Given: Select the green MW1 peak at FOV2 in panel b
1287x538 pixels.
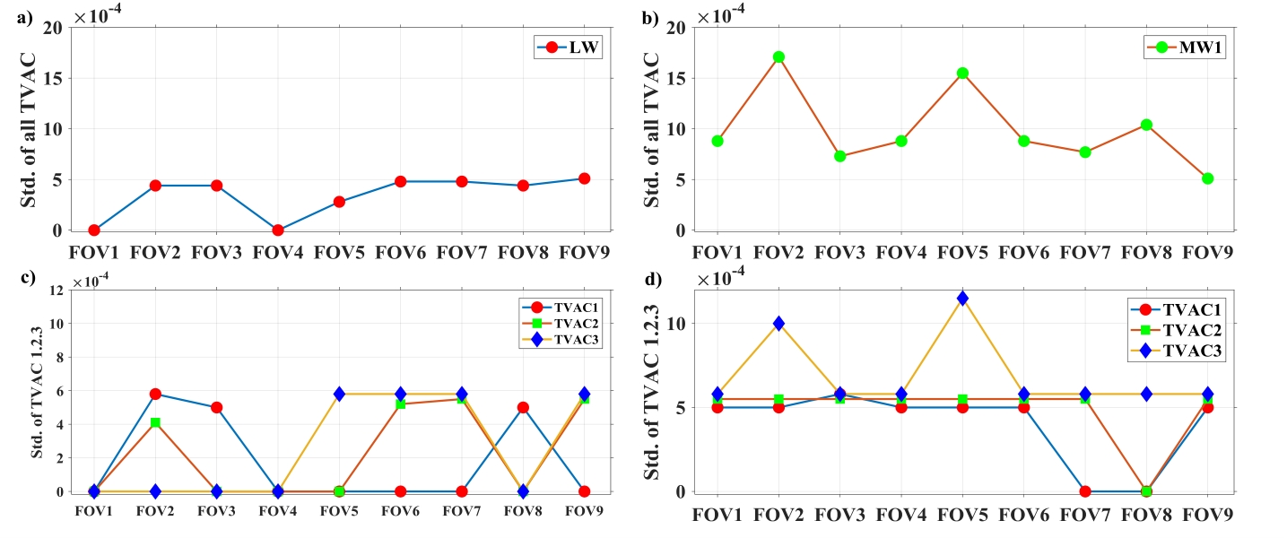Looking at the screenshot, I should coord(778,56).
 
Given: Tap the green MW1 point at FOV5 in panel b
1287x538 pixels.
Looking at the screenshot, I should coord(962,73).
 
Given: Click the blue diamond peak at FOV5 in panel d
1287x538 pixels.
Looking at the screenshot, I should coord(962,298).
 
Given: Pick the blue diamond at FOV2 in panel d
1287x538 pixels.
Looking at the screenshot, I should coord(778,323).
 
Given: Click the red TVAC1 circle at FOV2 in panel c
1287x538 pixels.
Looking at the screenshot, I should coord(155,394).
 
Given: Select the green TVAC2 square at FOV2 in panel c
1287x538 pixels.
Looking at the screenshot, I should coord(155,422).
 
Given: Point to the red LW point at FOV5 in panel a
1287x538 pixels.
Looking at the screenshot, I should coord(339,202).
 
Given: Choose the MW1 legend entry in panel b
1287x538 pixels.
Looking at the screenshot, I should coord(1184,48).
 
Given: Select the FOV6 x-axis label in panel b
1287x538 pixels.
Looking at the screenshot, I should coord(1023,253).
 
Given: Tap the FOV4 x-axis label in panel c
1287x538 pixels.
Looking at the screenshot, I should coord(277,511).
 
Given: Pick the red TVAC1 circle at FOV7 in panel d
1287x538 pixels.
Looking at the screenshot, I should coord(1084,491).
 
